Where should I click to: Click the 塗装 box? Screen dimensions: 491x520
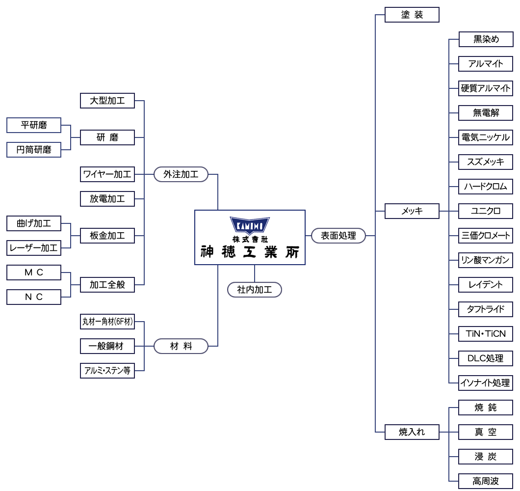pos(412,15)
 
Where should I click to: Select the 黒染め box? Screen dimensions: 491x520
pos(486,39)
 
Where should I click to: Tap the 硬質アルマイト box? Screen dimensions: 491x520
pos(486,88)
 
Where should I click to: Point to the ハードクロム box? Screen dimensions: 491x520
pos(486,187)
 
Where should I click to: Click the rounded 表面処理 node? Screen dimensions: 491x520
pos(338,236)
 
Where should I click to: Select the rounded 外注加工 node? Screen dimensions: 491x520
pos(181,174)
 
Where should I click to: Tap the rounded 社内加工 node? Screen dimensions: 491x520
pos(255,290)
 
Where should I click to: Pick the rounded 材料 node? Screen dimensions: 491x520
pos(181,346)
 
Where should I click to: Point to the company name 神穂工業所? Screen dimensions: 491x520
pos(250,251)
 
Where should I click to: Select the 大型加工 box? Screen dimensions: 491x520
pos(107,101)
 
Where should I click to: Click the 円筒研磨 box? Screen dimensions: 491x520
pos(34,150)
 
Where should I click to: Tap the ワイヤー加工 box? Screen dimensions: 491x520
pos(107,174)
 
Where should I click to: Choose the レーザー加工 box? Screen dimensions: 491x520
pos(34,248)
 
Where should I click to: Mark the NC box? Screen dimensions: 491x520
pos(34,297)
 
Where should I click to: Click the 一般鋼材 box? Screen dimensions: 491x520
pos(107,346)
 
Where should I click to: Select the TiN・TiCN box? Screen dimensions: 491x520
pos(486,334)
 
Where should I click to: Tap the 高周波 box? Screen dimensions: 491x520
pos(486,481)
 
